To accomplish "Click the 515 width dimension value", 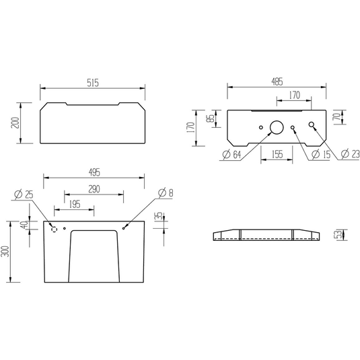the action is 93,83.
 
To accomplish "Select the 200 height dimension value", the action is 15,123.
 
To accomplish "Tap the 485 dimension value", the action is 277,81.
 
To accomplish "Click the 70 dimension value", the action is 337,117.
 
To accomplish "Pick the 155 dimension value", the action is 277,154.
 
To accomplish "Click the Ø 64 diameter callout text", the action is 231,155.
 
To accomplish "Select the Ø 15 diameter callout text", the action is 321,154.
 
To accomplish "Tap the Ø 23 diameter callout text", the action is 350,154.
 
